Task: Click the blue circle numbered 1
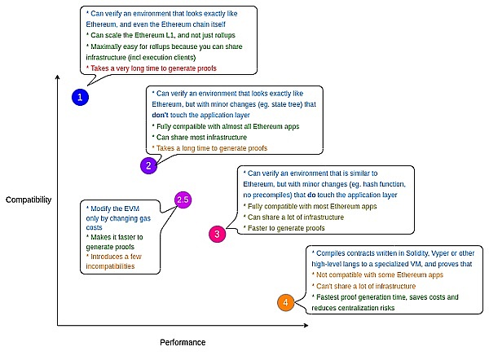coord(79,97)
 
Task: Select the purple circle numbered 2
coord(148,166)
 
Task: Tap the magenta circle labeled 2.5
coord(183,200)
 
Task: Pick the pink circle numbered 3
coord(217,234)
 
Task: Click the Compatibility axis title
coord(28,200)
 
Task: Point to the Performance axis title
coord(183,342)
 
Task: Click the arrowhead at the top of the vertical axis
coord(58,77)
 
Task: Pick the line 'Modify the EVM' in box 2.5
coord(115,209)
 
